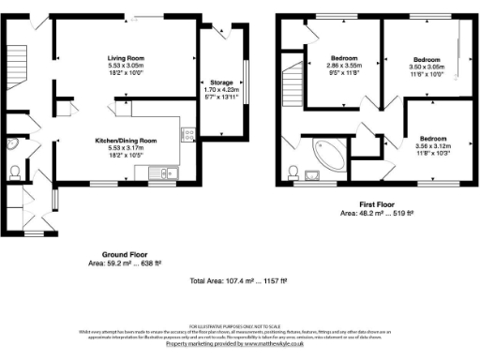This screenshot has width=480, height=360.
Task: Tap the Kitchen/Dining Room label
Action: (x=126, y=140)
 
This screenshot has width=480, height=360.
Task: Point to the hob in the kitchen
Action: (x=188, y=135)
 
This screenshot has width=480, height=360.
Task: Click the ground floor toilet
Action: (x=14, y=172)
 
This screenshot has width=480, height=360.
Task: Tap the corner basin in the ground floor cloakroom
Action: (x=11, y=145)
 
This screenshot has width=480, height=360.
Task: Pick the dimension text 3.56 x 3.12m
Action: (x=432, y=146)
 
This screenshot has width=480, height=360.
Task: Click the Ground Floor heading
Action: (x=126, y=253)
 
